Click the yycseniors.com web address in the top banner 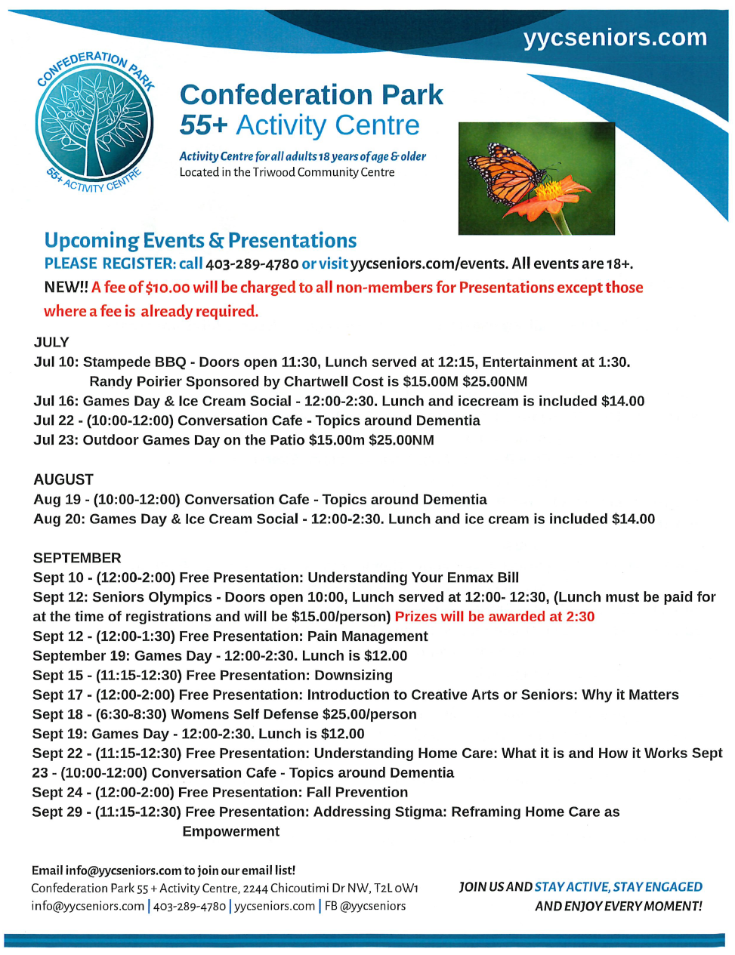(615, 38)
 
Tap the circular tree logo (95, 122)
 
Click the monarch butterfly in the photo (511, 173)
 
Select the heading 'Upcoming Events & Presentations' (200, 241)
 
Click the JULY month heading (51, 342)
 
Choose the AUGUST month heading (63, 479)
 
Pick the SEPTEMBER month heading (77, 558)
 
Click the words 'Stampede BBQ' (134, 362)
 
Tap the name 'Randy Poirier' (135, 381)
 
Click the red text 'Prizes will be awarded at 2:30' (495, 617)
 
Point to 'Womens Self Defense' (245, 714)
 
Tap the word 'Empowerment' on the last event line (231, 831)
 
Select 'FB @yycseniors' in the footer (365, 906)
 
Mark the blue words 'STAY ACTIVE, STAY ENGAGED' (619, 887)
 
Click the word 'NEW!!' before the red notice (66, 288)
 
